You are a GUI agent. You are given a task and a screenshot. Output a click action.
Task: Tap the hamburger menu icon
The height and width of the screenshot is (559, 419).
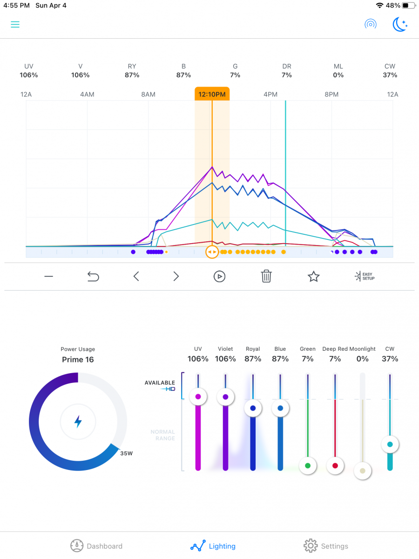(x=15, y=24)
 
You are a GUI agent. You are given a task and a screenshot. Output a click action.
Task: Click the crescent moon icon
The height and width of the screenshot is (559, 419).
(x=400, y=24)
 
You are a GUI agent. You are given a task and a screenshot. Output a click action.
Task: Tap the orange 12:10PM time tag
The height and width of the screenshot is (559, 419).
(x=212, y=94)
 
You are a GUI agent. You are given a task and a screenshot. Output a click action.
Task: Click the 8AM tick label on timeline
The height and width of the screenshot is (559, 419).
(x=148, y=95)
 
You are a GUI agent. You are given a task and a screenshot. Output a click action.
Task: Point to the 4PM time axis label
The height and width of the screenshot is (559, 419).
(x=270, y=95)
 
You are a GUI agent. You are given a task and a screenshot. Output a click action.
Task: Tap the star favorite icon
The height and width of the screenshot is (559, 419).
(x=314, y=277)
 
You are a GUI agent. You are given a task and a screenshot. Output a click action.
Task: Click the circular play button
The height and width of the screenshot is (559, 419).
(x=219, y=277)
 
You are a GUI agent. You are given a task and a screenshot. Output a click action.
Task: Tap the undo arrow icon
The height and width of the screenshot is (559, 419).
(x=93, y=277)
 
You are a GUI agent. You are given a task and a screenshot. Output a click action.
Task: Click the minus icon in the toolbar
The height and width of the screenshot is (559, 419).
(x=49, y=277)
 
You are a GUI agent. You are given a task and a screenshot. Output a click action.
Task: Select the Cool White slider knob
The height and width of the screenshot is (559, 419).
(x=390, y=444)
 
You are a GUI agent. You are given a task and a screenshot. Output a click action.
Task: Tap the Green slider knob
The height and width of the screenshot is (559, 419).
(x=308, y=465)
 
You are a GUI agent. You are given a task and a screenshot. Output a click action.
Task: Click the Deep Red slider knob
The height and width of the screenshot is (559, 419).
(x=335, y=465)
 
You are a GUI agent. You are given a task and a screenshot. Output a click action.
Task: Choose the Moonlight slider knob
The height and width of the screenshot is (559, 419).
(x=363, y=470)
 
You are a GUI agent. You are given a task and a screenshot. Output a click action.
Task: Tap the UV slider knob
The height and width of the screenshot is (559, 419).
(x=198, y=397)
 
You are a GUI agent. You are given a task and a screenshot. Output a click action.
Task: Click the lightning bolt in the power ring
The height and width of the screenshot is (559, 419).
(x=78, y=422)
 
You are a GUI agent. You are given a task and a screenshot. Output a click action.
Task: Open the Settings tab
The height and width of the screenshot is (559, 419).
(x=326, y=546)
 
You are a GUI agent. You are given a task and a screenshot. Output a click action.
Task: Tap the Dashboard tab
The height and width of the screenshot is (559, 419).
(x=96, y=546)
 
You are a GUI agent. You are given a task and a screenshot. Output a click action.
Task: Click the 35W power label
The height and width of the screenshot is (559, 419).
(x=126, y=453)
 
